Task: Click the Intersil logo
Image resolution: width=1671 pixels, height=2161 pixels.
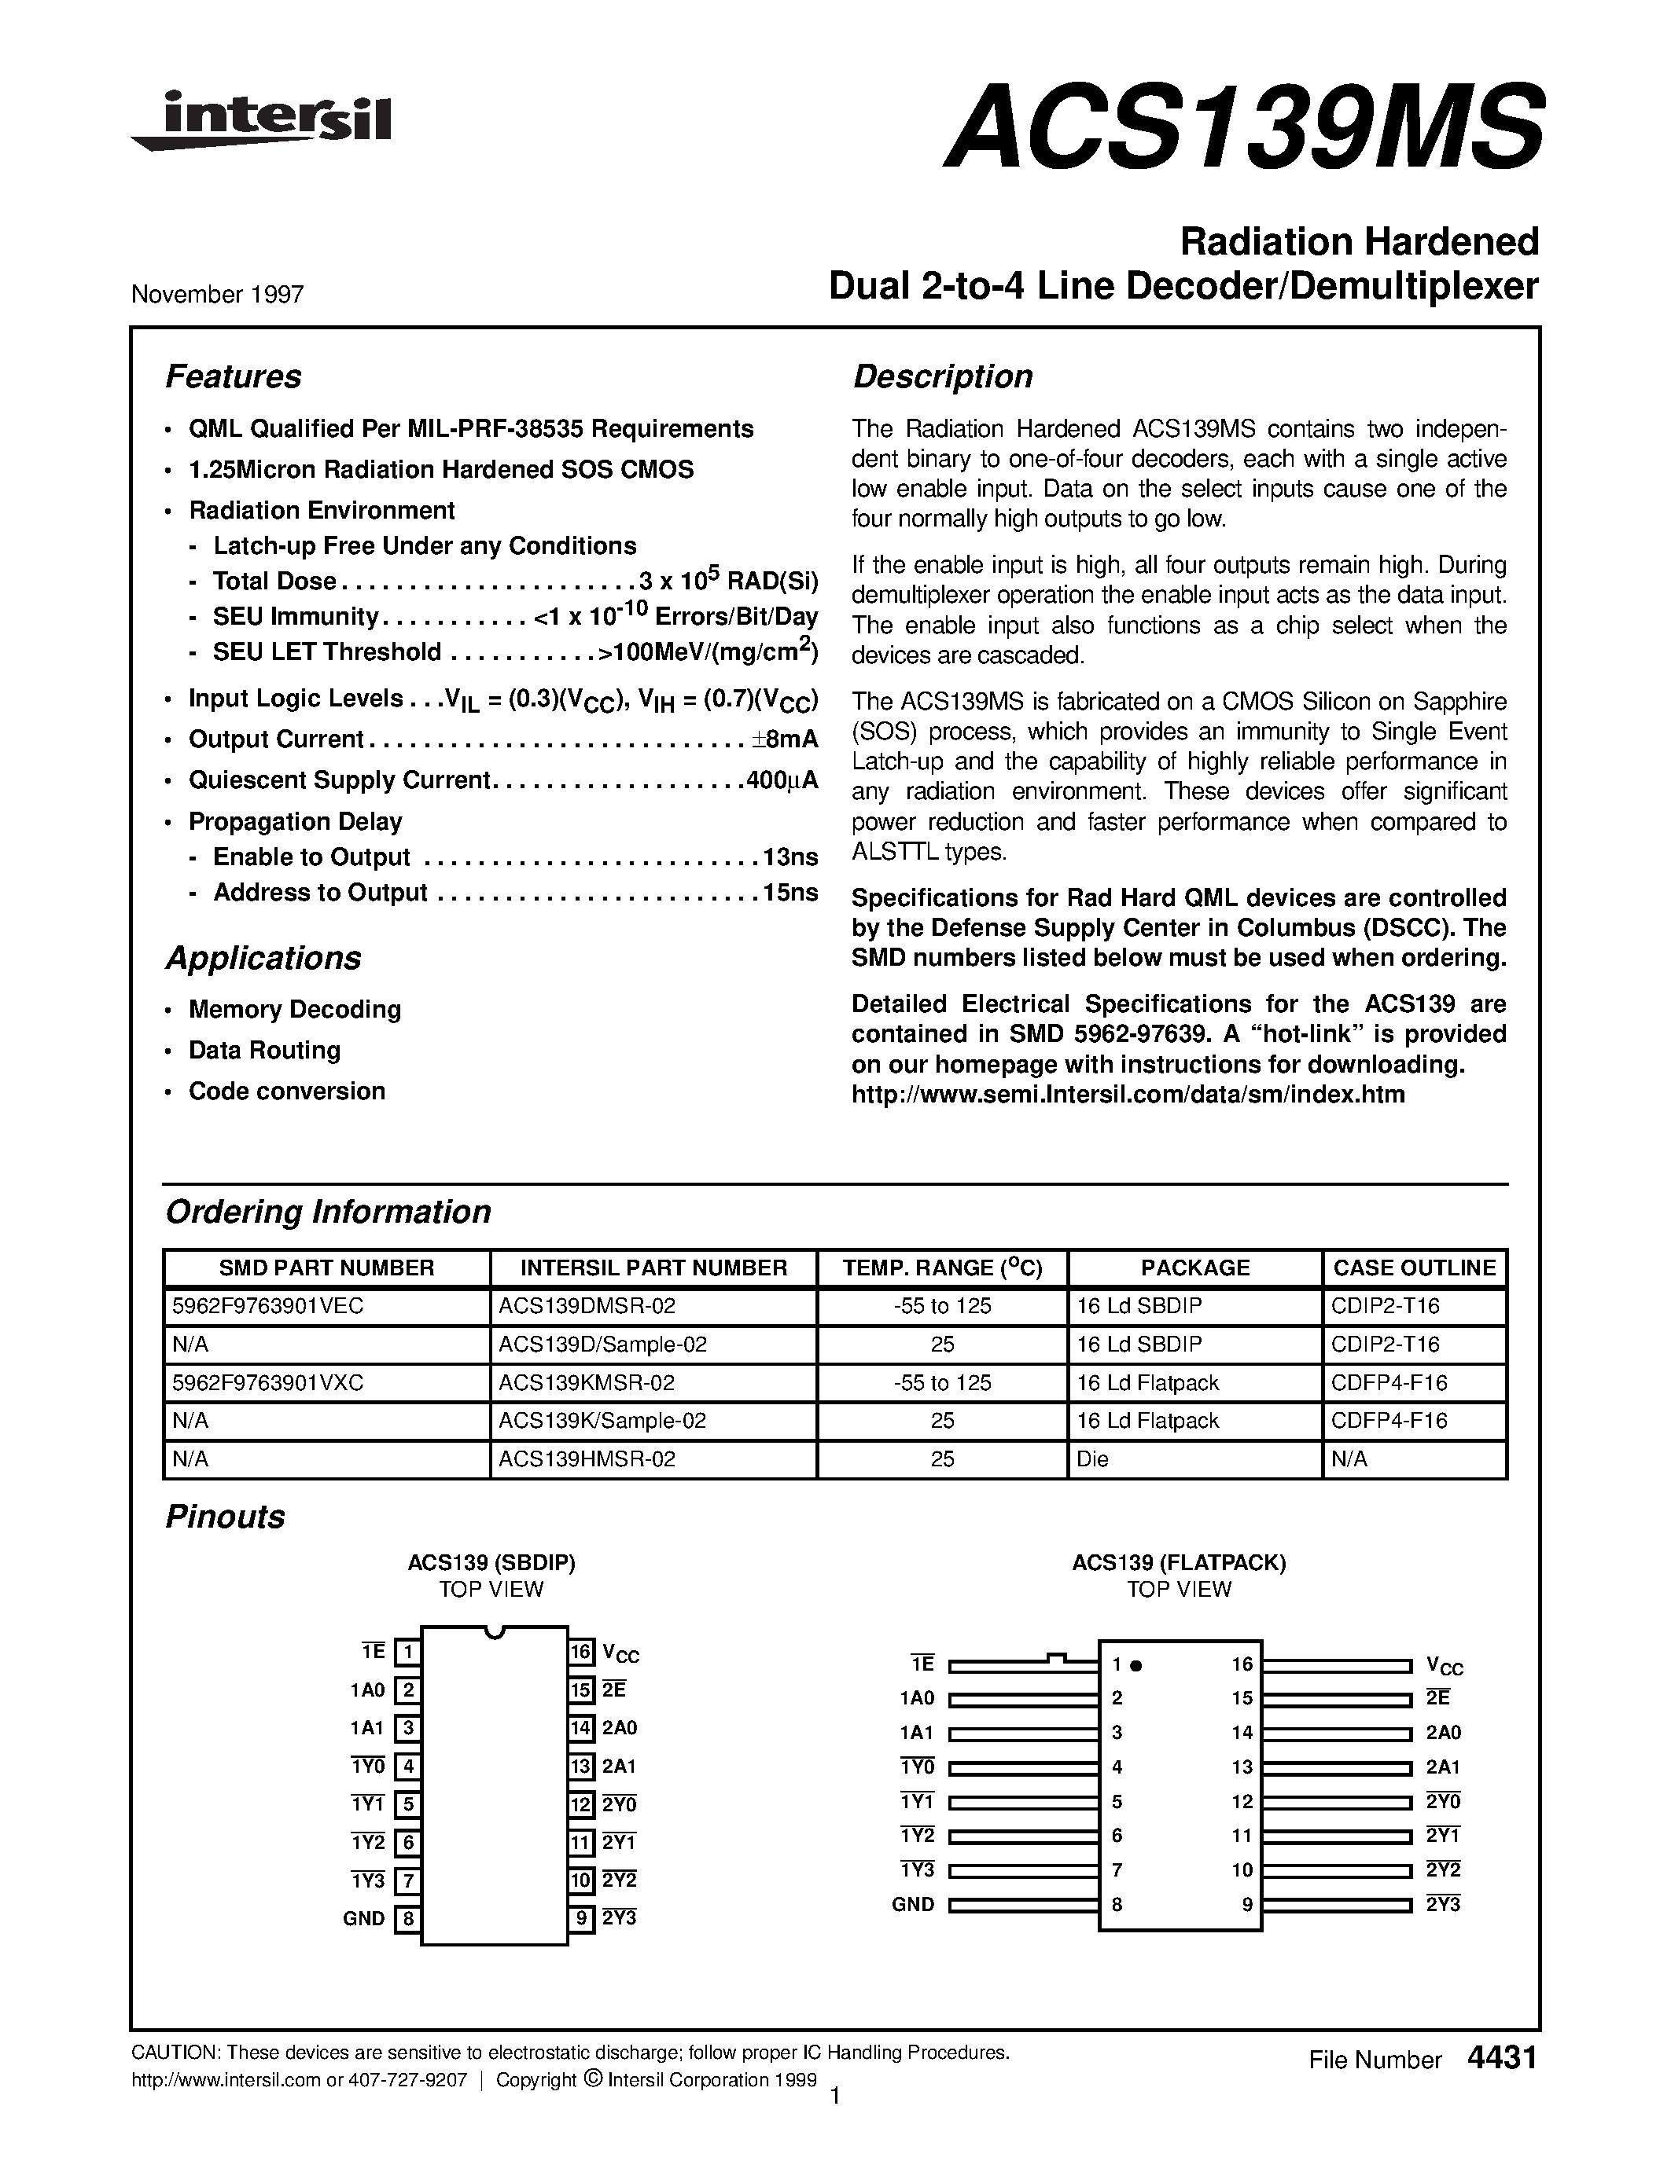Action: coord(263,121)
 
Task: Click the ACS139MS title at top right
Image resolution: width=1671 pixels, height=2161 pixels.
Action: coord(1243,125)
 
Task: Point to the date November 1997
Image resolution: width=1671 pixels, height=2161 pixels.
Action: coord(218,295)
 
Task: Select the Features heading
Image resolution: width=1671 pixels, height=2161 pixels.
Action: coord(234,377)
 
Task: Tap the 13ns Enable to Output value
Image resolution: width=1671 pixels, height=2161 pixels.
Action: coord(790,857)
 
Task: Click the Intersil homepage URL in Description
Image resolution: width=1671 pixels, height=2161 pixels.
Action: coord(1128,1095)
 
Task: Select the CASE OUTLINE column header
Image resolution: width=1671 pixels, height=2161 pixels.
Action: coord(1414,1268)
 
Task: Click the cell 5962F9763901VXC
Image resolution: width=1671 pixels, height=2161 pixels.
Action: coord(268,1382)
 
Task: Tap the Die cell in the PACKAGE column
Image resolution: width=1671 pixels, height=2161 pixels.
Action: coord(1093,1458)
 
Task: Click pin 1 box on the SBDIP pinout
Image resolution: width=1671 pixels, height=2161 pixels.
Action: coord(407,1653)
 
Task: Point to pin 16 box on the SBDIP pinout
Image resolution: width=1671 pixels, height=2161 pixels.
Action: coord(581,1652)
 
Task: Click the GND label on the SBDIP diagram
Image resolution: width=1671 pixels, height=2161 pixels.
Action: coord(363,1919)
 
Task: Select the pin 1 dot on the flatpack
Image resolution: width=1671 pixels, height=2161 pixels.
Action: coord(1136,1665)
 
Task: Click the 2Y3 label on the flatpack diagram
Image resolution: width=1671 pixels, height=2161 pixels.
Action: coord(1442,1904)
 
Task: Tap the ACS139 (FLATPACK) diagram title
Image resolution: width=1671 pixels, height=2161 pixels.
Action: coord(1178,1563)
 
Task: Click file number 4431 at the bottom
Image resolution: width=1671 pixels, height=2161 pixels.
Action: coord(1503,2058)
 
